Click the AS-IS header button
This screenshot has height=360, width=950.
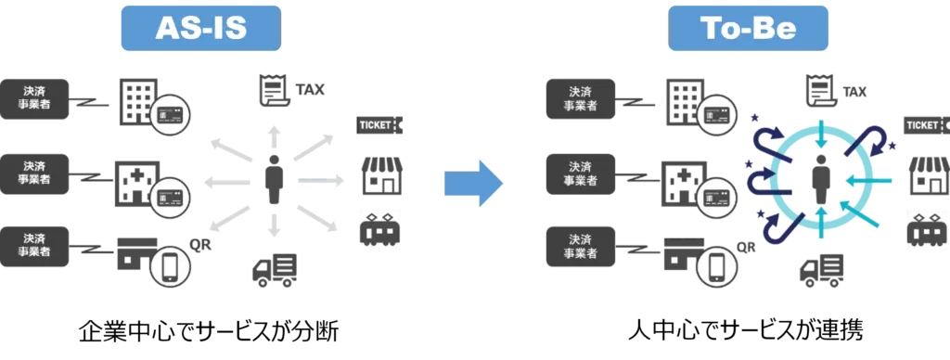201,28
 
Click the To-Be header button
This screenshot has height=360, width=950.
748,28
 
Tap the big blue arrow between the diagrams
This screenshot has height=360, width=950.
474,183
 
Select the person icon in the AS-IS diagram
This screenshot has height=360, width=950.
274,179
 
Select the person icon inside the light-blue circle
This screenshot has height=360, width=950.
822,179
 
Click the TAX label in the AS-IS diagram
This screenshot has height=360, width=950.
310,90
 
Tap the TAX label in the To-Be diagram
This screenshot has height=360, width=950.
854,92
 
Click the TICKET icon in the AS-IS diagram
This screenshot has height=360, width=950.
379,125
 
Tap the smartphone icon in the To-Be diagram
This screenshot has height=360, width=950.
718,266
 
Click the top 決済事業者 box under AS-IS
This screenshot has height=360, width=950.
34,98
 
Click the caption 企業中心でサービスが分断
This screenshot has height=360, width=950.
209,331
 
